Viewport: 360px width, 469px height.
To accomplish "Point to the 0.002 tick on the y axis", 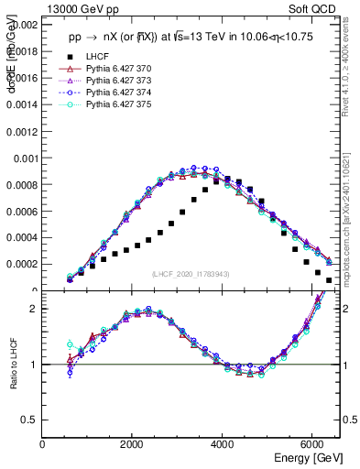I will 27,26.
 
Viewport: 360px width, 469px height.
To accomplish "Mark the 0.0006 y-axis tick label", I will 23,212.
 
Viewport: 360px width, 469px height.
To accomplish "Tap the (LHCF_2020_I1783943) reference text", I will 189,274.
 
